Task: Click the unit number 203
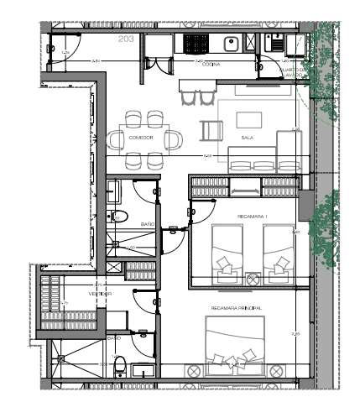(x=127, y=39)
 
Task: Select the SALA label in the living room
(x=247, y=137)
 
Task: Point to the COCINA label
(x=212, y=61)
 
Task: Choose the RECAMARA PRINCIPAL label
(x=236, y=309)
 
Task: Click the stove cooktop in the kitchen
(x=196, y=43)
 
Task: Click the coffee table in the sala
(x=247, y=120)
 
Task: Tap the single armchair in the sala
(x=211, y=131)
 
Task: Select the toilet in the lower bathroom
(x=120, y=367)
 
